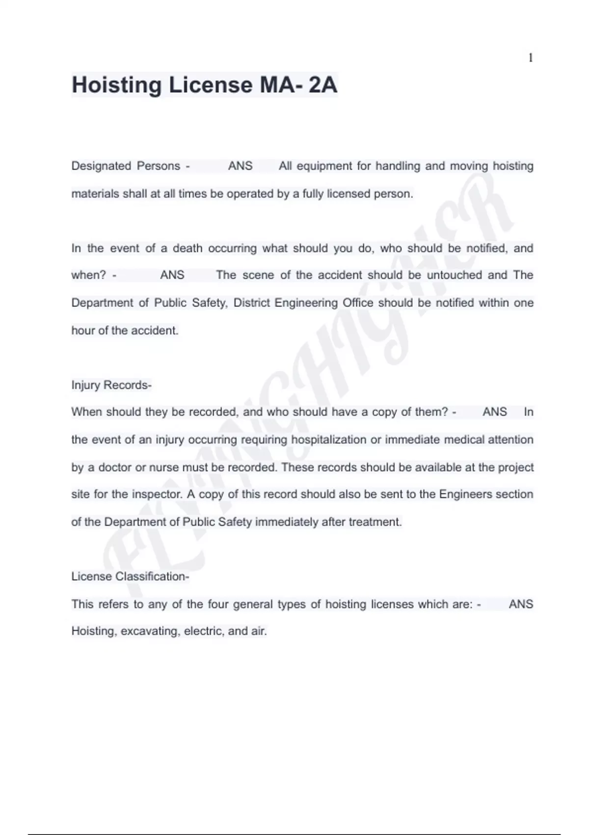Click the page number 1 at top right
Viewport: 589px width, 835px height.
pyautogui.click(x=531, y=58)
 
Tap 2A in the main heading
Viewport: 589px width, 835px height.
pyautogui.click(x=323, y=85)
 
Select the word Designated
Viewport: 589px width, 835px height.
pyautogui.click(x=101, y=166)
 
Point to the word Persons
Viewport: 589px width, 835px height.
pyautogui.click(x=159, y=166)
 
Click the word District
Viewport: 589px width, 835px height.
pyautogui.click(x=251, y=303)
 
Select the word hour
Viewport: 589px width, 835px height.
pyautogui.click(x=83, y=331)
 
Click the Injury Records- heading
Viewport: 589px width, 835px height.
pyautogui.click(x=111, y=385)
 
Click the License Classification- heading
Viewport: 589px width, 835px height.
pyautogui.click(x=130, y=577)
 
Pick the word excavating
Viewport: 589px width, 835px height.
pyautogui.click(x=151, y=631)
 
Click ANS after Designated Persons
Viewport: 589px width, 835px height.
pyautogui.click(x=241, y=166)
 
